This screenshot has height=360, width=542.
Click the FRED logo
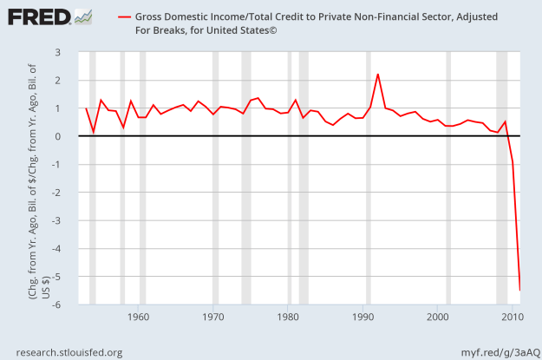[38, 17]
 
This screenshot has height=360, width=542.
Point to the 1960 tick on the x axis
[139, 317]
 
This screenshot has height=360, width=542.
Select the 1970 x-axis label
[213, 317]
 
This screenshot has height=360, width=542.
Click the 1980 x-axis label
[289, 317]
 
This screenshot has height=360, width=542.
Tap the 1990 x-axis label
[363, 317]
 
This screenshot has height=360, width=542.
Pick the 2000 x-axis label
[438, 317]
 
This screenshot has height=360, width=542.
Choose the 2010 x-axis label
[513, 317]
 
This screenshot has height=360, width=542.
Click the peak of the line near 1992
[378, 75]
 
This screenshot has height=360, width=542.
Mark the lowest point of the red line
[520, 290]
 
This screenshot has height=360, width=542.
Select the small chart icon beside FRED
[84, 16]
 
